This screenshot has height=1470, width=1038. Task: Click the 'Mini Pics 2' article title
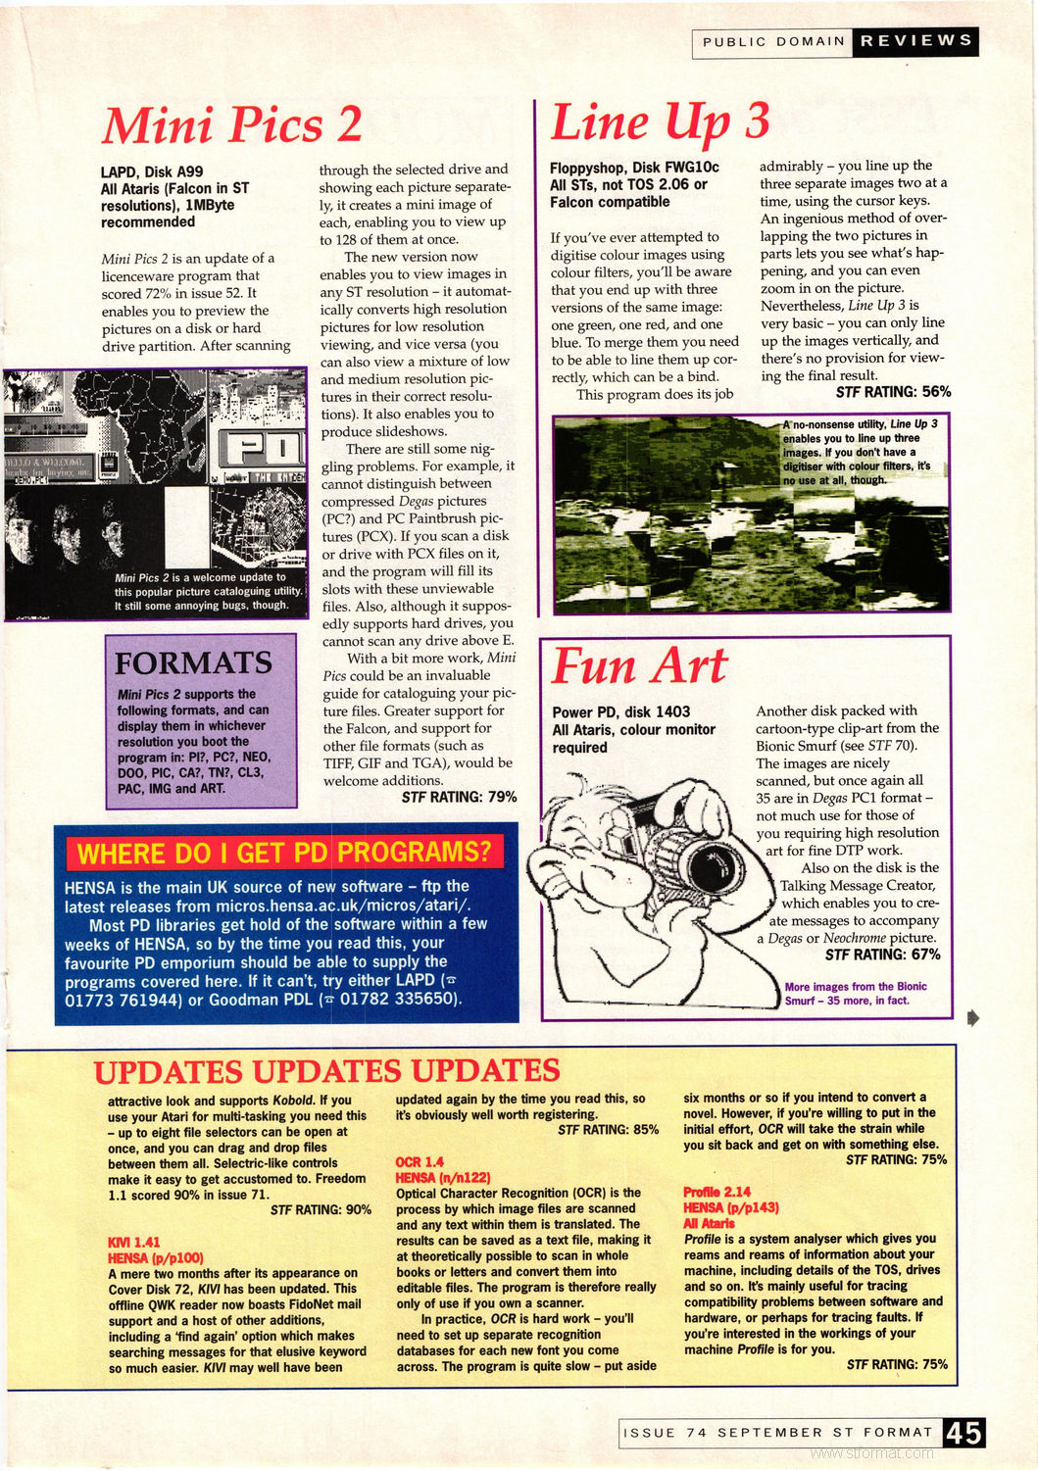click(232, 124)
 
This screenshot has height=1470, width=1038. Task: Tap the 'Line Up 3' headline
click(660, 122)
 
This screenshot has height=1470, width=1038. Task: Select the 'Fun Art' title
click(639, 666)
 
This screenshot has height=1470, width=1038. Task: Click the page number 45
click(964, 1433)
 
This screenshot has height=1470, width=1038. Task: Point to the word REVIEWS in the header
click(915, 41)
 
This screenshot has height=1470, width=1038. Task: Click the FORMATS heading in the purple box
click(193, 663)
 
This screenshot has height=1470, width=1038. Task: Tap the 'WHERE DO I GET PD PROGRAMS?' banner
click(284, 852)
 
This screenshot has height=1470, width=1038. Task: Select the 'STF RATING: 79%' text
click(459, 798)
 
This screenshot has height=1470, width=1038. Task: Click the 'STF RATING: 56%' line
click(893, 392)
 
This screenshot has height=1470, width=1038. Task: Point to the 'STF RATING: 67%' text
click(882, 955)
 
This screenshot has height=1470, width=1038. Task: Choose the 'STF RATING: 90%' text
click(321, 1210)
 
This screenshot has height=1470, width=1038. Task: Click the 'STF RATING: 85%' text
click(608, 1130)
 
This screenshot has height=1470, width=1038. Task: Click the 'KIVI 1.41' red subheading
click(134, 1242)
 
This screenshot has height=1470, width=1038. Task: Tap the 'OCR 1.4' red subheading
click(420, 1161)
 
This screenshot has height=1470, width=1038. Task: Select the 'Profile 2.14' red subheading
click(717, 1193)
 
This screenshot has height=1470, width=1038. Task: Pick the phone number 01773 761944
click(124, 1000)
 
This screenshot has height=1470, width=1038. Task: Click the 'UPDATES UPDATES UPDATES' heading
click(326, 1071)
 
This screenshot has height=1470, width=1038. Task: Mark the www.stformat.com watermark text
click(885, 1453)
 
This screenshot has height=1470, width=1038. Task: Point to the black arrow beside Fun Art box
click(973, 1017)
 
